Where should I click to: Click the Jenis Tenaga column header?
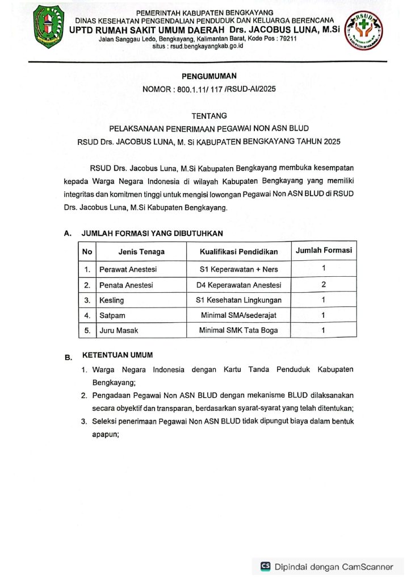click(141, 251)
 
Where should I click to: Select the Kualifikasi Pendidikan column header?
click(238, 251)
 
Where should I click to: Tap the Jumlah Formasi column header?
click(324, 250)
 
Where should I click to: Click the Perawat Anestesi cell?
click(128, 269)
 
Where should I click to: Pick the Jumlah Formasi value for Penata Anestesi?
click(323, 284)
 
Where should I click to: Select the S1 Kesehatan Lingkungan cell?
click(238, 300)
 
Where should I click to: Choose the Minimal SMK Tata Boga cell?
click(238, 330)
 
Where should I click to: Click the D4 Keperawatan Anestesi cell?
click(238, 284)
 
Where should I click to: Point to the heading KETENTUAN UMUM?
click(118, 355)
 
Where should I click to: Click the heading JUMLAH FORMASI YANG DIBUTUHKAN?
click(152, 233)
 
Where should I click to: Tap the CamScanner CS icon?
click(266, 566)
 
